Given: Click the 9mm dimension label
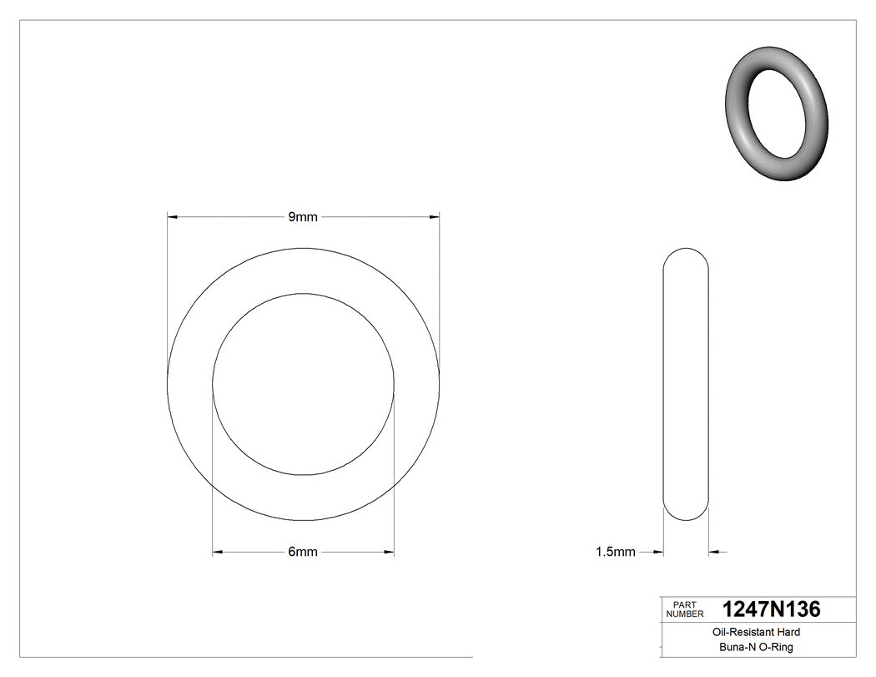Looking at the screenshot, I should click(303, 217).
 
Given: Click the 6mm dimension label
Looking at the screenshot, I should click(303, 552).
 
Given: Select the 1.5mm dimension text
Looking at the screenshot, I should click(615, 552).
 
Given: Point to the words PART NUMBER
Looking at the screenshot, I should click(683, 609).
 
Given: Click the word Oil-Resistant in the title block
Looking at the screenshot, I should click(739, 633).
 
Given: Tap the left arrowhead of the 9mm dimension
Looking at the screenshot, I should click(173, 217).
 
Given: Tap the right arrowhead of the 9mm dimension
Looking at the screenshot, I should click(434, 217).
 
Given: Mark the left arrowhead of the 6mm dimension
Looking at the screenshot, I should click(219, 552).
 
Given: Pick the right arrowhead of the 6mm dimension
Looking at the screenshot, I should click(388, 552).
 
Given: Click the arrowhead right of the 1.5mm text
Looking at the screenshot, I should click(657, 552).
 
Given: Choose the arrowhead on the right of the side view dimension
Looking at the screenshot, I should click(714, 552).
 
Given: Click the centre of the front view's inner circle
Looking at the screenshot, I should click(303, 384).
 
